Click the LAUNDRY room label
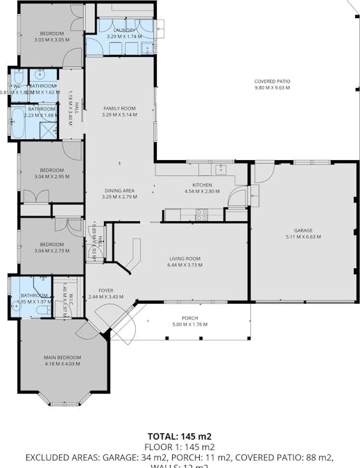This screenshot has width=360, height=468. (125, 31)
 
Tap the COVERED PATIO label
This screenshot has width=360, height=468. (272, 81)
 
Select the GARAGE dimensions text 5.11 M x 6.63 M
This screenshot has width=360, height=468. (303, 237)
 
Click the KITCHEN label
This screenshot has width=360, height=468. (202, 185)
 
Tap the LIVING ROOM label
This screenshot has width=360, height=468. (184, 258)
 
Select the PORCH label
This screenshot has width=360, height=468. (189, 318)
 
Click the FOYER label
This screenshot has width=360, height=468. (105, 291)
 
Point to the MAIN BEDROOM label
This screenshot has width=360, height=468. (62, 357)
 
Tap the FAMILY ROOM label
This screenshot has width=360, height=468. (120, 108)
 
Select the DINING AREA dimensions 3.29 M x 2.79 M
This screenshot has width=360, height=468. (119, 197)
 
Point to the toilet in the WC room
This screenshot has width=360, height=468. (17, 78)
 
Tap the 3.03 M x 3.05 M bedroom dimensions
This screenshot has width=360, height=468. (52, 40)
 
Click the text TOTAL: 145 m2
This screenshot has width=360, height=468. (180, 436)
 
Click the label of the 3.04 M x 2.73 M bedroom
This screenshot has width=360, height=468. (52, 244)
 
